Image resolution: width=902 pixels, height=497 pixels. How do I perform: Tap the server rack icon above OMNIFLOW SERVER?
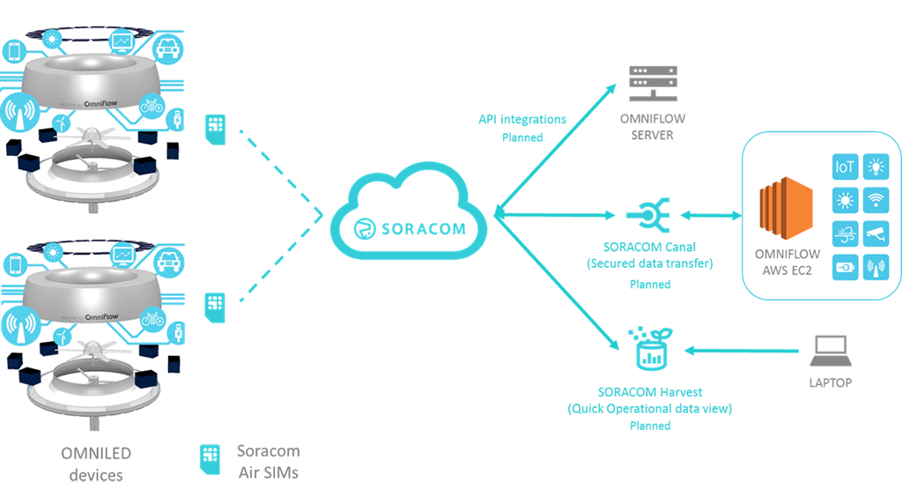[x=648, y=82]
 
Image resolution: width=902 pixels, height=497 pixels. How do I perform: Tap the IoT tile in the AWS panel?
[x=845, y=167]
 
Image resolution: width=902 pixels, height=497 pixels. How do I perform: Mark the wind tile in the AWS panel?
[x=845, y=234]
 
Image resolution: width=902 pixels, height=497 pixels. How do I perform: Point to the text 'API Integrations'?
[x=522, y=119]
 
